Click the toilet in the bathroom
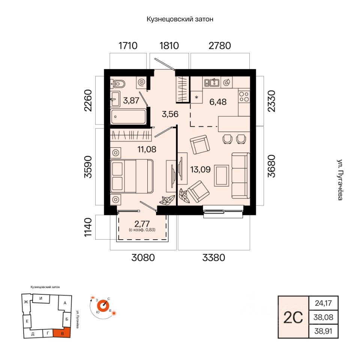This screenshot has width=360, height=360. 118,84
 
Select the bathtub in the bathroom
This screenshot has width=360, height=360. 128,117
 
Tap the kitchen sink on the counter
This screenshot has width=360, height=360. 211,82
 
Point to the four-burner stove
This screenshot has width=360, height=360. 244,96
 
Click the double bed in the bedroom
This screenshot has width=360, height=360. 132,176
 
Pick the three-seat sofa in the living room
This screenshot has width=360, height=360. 240,175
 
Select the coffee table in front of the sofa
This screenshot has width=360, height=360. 222,175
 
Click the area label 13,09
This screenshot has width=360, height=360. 200,169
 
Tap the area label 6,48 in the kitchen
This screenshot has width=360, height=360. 218,102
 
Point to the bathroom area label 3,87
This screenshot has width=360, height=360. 131,100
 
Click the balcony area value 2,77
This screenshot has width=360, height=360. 142,223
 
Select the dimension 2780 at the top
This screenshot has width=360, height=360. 220,46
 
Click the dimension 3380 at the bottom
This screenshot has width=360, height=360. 213,258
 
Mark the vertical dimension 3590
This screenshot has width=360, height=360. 88,167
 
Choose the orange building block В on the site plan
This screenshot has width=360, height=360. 62,333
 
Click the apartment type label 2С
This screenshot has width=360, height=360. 293,318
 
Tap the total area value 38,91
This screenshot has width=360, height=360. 323,331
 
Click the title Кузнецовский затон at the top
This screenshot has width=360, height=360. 180,19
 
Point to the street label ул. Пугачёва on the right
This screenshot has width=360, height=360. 340,180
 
